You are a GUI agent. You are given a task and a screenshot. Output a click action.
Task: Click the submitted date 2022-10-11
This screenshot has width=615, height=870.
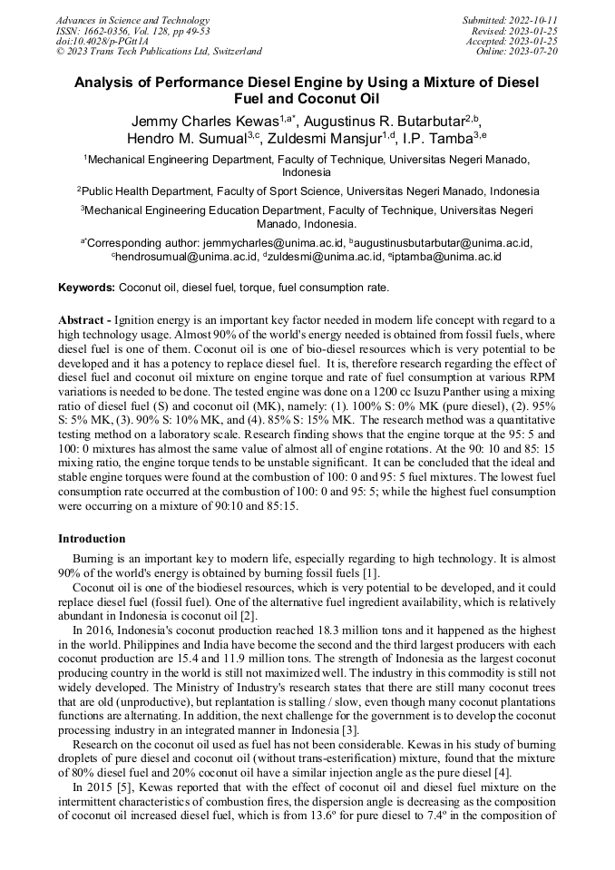pyautogui.click(x=532, y=20)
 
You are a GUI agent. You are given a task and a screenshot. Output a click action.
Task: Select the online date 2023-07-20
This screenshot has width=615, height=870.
pyautogui.click(x=535, y=52)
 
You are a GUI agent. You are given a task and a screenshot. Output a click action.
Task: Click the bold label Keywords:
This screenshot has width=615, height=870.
pyautogui.click(x=87, y=288)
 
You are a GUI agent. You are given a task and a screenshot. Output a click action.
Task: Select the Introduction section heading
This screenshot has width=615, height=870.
pyautogui.click(x=92, y=539)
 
